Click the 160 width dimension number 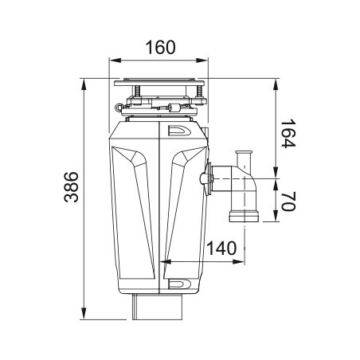[x=161, y=47]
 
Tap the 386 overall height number [x=72, y=187]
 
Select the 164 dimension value [x=288, y=134]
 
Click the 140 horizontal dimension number [x=221, y=248]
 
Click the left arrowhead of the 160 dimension [x=115, y=61]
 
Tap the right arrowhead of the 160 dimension [x=202, y=61]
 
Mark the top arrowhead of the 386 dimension [x=84, y=85]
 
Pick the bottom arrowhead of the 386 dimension [x=84, y=313]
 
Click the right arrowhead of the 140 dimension [x=238, y=262]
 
